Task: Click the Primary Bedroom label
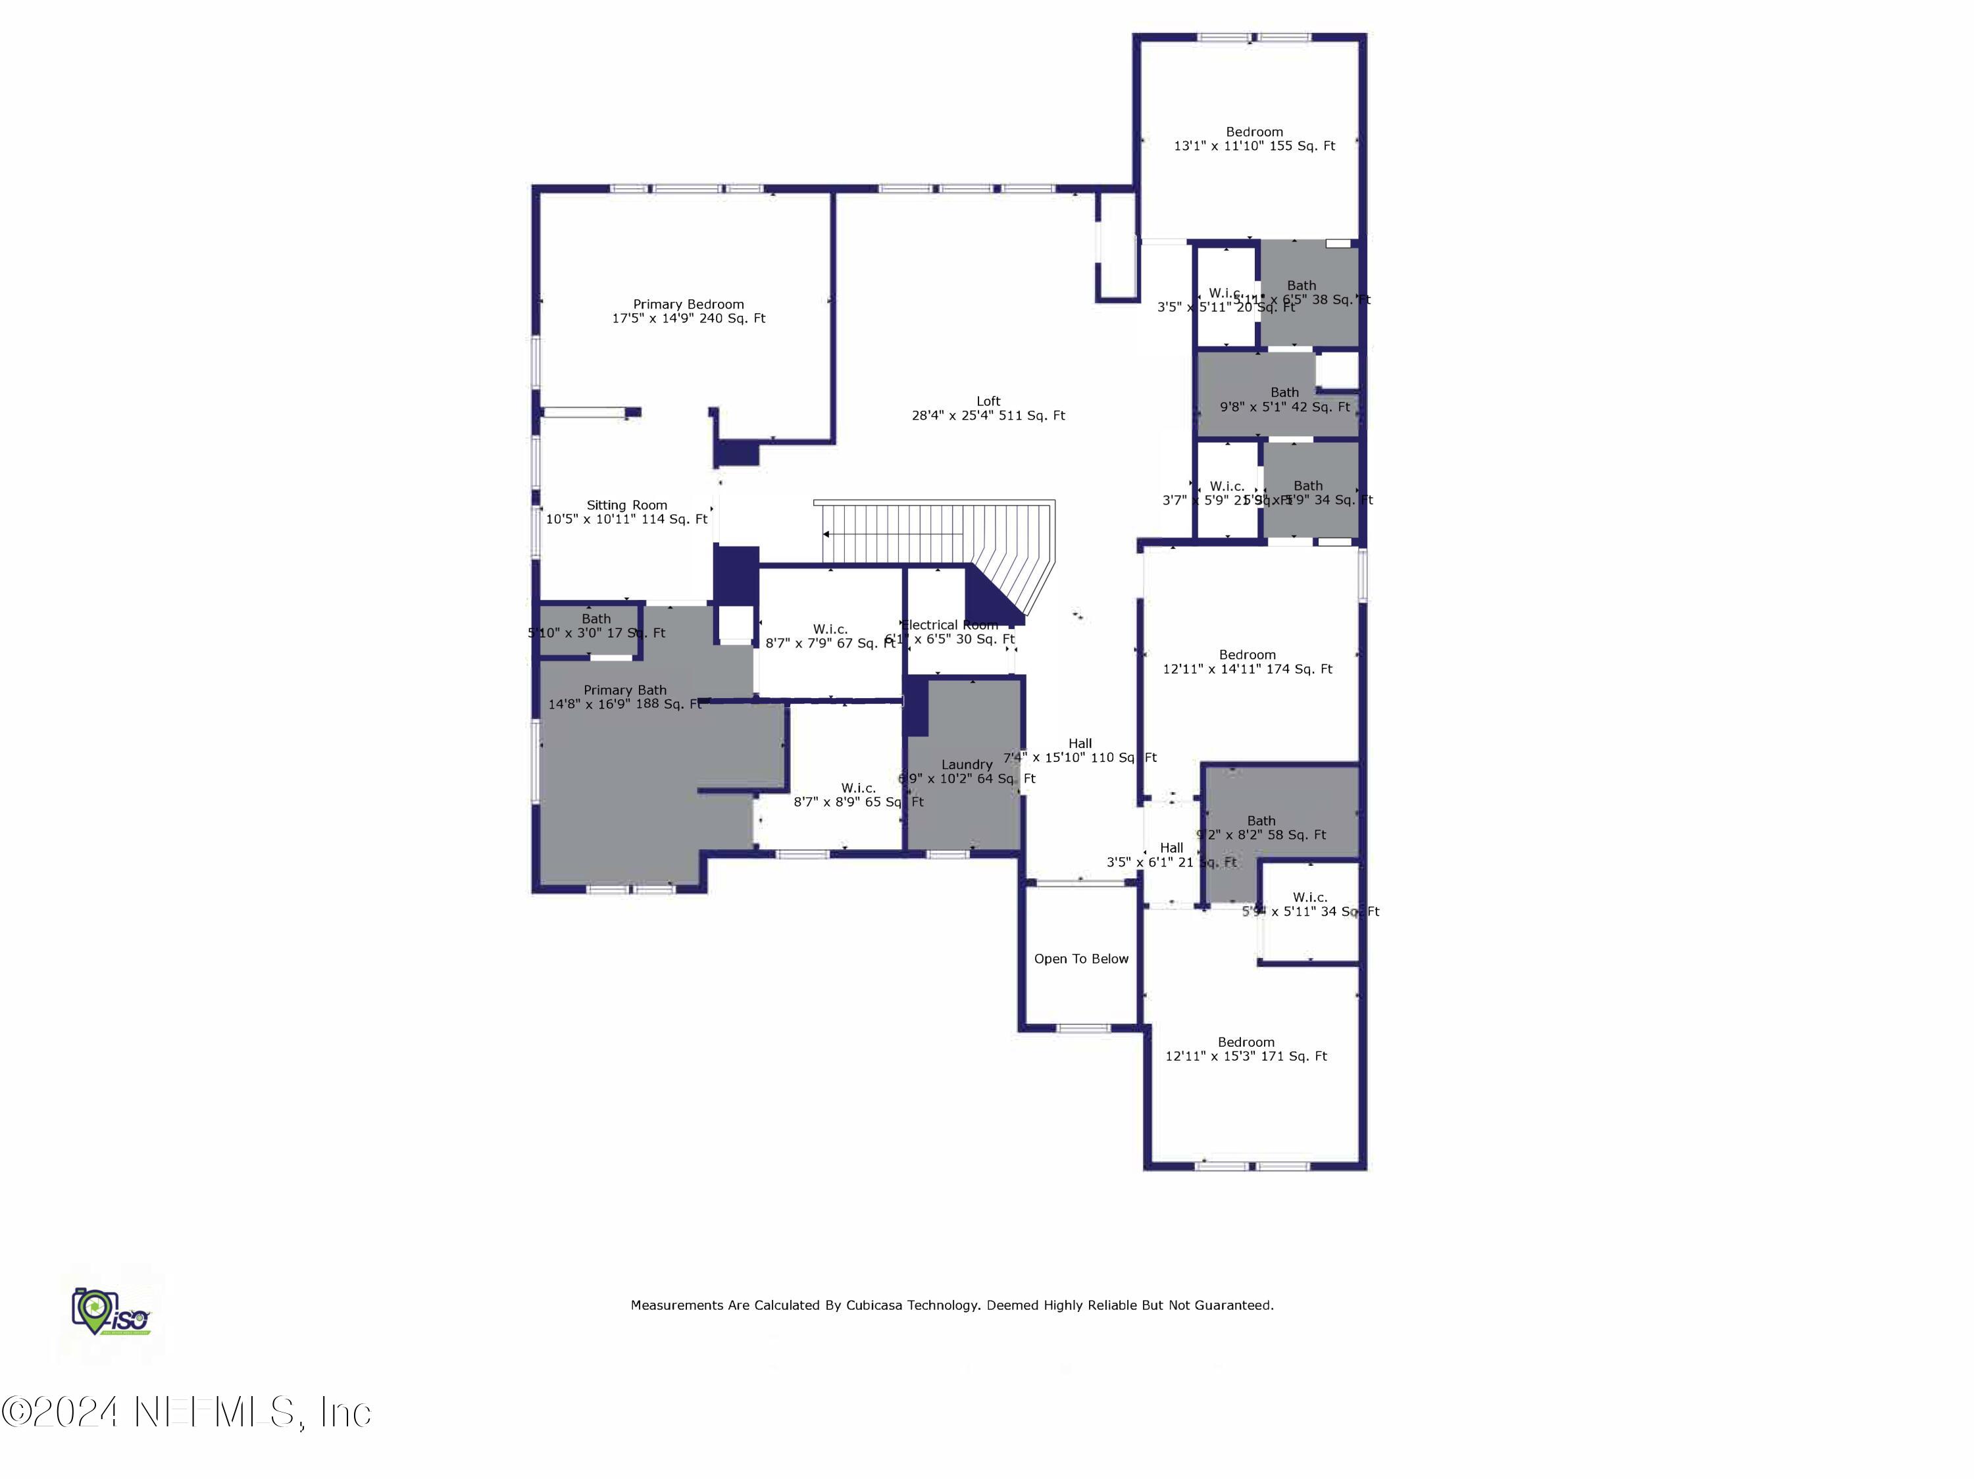click(x=688, y=304)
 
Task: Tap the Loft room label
click(x=988, y=401)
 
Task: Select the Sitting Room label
click(x=626, y=505)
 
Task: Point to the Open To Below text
click(x=1080, y=959)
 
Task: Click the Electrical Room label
click(x=950, y=625)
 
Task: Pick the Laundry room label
click(x=967, y=765)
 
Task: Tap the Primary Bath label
click(x=624, y=689)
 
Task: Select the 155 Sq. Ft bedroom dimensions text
click(x=1254, y=146)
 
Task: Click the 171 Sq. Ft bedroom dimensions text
click(x=1246, y=1056)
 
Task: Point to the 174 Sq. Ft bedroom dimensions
click(x=1247, y=669)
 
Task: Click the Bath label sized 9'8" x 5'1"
click(x=1284, y=393)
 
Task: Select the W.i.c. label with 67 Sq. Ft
click(x=830, y=630)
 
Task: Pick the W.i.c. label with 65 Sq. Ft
click(x=857, y=788)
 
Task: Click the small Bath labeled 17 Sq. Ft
click(x=596, y=619)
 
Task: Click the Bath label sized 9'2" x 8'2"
click(x=1261, y=820)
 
